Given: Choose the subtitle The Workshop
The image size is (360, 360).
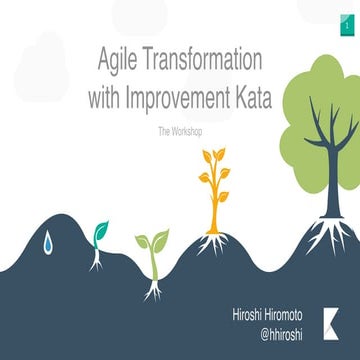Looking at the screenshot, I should click(x=180, y=131).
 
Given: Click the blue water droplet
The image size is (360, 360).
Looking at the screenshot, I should click(x=48, y=241).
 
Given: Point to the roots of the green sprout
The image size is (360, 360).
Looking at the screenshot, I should click(x=152, y=290).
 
